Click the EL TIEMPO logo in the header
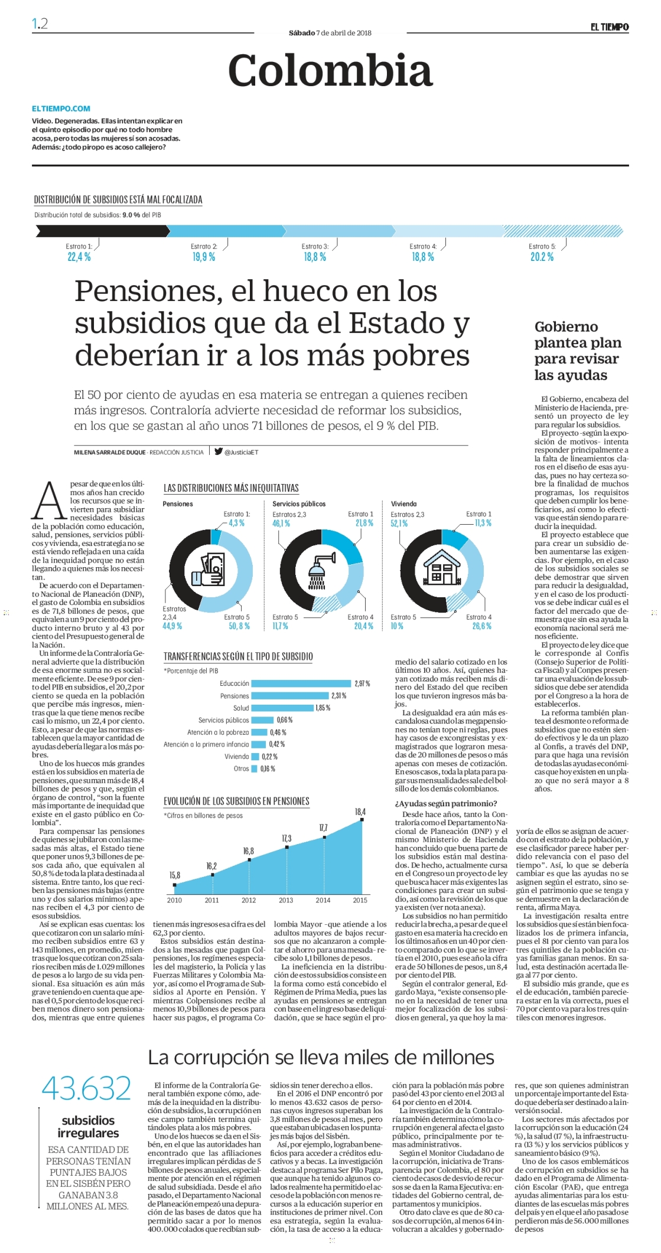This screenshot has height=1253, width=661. pos(610,27)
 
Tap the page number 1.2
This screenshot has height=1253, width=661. pos(40,24)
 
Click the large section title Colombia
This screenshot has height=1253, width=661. pos(330,70)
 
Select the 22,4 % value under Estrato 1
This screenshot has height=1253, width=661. pos(79,257)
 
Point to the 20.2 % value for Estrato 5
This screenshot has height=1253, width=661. pos(542,257)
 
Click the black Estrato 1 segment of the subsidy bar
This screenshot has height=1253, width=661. pos(101,231)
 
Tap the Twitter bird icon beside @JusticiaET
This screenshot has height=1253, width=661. pos(218,452)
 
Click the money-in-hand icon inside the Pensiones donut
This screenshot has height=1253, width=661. pos(210,570)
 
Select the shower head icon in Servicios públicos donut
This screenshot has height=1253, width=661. pos(322,571)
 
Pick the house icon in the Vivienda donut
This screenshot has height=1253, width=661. pos(442,568)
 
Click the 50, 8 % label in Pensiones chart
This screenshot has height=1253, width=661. pos(239,626)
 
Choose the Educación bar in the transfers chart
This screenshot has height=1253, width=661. pos(302,683)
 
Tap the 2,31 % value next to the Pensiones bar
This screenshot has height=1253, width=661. pos(338,696)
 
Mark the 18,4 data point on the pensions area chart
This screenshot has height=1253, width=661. pos(362,819)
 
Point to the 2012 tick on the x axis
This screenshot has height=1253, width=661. pos(249,900)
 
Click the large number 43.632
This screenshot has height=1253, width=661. pos(86,1088)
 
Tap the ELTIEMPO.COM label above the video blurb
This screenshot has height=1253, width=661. pos(61,109)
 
